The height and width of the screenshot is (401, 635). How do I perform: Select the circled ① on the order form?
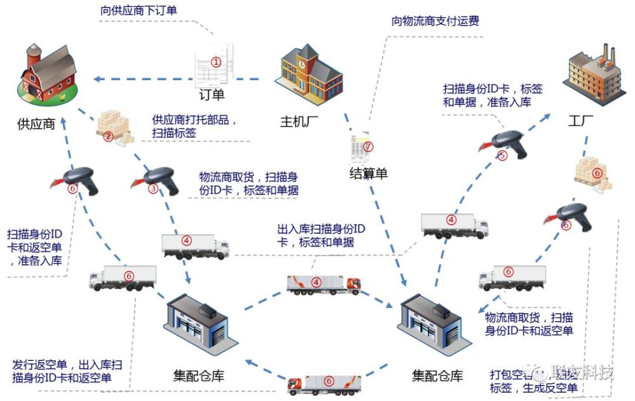pyautogui.click(x=216, y=62)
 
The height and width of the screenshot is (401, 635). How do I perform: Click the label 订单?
pyautogui.click(x=213, y=95)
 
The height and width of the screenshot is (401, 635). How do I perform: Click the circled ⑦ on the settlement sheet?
pyautogui.click(x=368, y=147)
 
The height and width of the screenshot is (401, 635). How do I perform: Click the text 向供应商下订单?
pyautogui.click(x=140, y=11)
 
